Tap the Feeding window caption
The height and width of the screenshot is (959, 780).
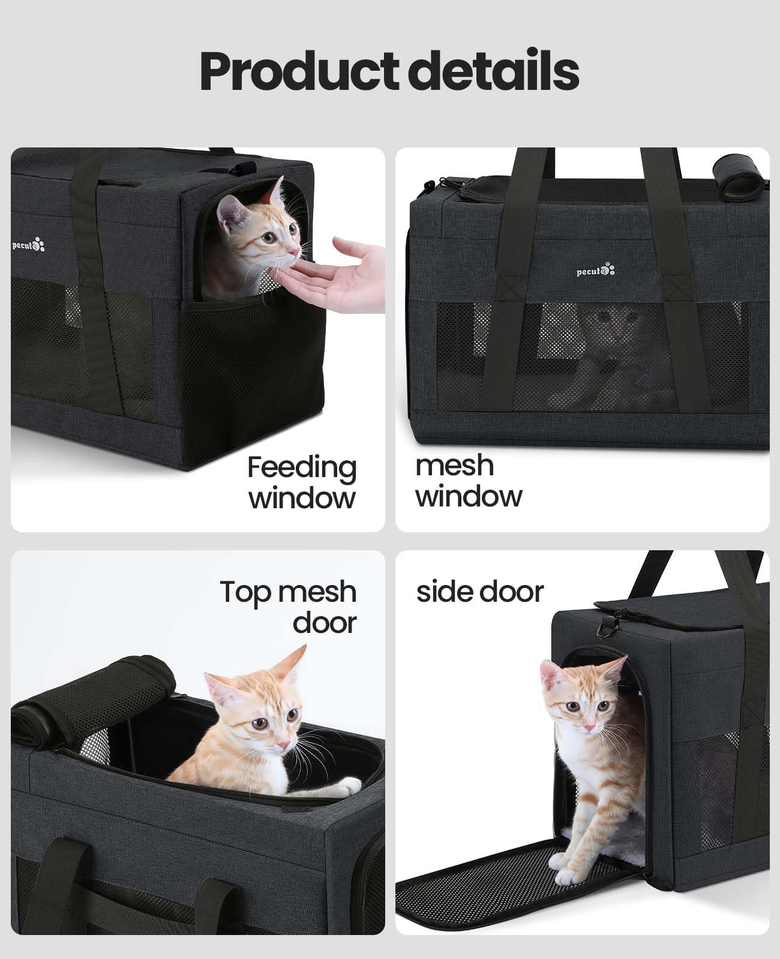point(302,482)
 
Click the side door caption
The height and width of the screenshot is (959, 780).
point(480,592)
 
